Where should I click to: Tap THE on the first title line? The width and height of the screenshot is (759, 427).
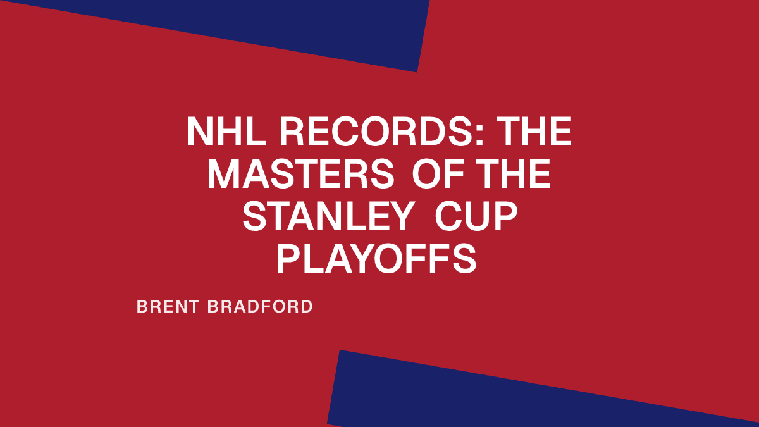click(535, 133)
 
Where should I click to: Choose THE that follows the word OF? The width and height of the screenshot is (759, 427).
click(512, 175)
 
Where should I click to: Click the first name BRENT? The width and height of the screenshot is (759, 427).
click(167, 307)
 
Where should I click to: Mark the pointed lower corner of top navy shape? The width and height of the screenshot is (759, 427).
click(417, 71)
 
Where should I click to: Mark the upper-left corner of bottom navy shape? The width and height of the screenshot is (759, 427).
click(341, 351)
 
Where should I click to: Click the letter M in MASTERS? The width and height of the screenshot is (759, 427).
click(223, 175)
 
